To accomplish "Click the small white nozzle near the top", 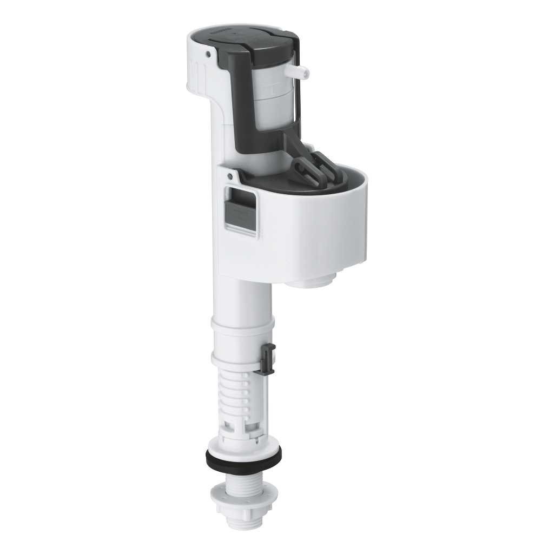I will click(x=301, y=71).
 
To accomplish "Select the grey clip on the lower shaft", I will click(x=267, y=358).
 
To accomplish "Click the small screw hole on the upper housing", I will click(x=208, y=53).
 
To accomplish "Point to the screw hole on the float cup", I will click(x=229, y=176).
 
